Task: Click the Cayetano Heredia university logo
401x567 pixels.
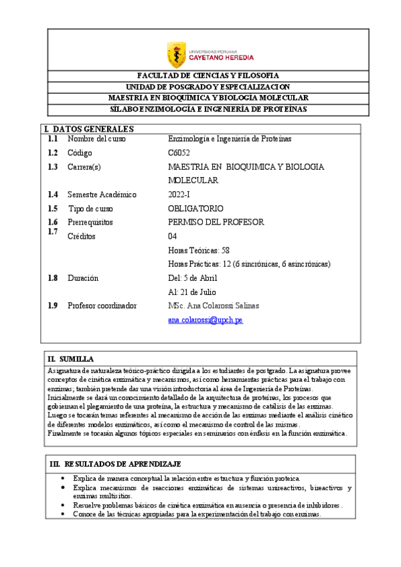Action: (200, 54)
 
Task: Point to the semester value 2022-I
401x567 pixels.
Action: (179, 195)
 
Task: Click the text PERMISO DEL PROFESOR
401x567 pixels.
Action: (216, 222)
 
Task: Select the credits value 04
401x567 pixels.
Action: (173, 237)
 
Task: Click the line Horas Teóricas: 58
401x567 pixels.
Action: (199, 250)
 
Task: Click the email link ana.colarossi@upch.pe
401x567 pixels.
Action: (206, 321)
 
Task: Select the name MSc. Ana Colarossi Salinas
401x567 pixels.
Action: (214, 306)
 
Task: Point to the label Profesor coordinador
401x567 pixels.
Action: (102, 306)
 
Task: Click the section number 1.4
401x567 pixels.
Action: (53, 195)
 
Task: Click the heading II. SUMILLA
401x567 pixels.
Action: (71, 360)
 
